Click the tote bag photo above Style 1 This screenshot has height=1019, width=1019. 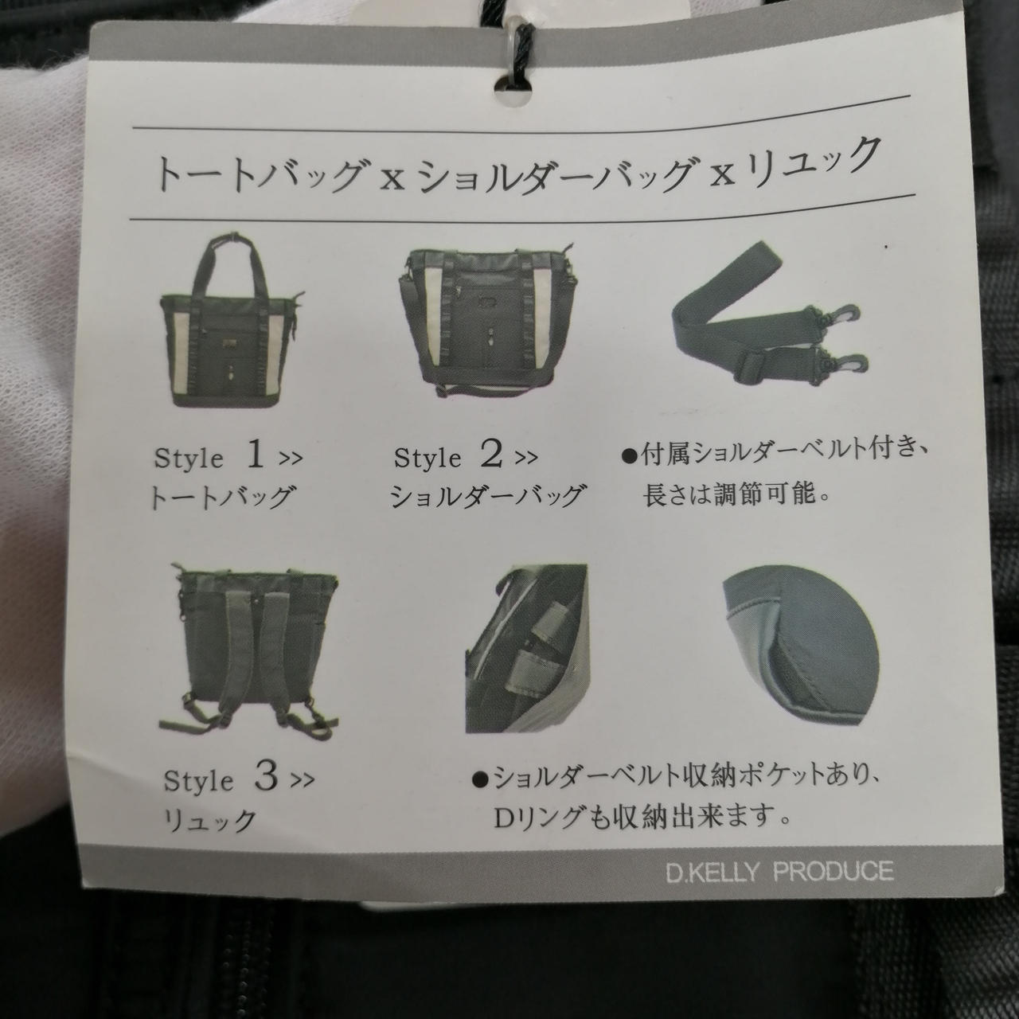pos(232,319)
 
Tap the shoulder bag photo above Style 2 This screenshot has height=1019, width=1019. pos(486,320)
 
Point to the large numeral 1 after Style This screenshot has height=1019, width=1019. pos(256,455)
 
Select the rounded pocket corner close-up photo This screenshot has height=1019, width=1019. pos(800,648)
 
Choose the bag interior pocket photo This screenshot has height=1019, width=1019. pos(527,648)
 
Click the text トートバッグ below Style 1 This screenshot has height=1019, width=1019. pos(221,497)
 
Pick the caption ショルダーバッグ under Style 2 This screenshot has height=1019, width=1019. pos(486,495)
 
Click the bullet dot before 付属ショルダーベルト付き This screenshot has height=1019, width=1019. pos(629,457)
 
